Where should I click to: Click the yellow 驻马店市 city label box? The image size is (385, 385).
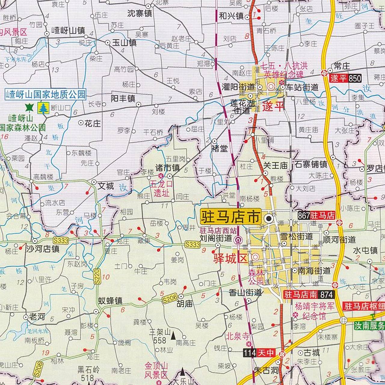230,217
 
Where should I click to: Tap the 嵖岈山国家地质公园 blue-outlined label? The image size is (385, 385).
46,94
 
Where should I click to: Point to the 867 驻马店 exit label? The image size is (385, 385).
316,216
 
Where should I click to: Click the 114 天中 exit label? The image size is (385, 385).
259,353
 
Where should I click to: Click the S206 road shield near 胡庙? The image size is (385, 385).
170,299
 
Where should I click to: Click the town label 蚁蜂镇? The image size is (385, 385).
110,301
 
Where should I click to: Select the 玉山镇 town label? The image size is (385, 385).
124,43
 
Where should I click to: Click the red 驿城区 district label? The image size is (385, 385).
230,258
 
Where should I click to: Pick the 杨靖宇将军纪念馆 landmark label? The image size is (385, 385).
314,311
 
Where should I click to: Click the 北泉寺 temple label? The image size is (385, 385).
238,336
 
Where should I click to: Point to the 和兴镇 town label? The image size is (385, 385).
231,16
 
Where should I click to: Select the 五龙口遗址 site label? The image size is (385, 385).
162,188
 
